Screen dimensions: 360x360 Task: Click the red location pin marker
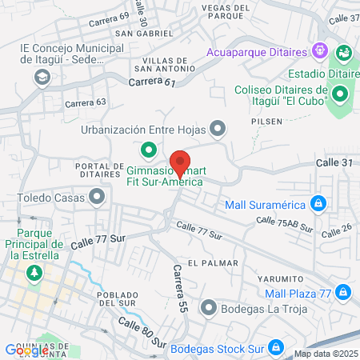pyautogui.click(x=180, y=163)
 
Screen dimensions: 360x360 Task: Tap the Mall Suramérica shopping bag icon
pyautogui.click(x=318, y=203)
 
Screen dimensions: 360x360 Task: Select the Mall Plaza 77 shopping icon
pyautogui.click(x=342, y=290)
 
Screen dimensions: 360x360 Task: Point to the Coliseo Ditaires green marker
pyautogui.click(x=340, y=96)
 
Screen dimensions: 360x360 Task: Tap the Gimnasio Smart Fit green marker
pyautogui.click(x=147, y=149)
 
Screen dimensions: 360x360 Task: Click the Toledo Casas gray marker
pyautogui.click(x=98, y=195)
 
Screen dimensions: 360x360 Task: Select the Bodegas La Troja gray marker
pyautogui.click(x=209, y=307)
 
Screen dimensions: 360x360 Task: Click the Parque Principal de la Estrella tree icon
pyautogui.click(x=34, y=274)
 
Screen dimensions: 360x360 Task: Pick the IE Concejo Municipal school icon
pyautogui.click(x=41, y=77)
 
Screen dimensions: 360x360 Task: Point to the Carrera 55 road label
pyautogui.click(x=179, y=287)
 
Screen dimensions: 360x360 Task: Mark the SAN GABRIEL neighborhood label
pyautogui.click(x=144, y=34)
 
